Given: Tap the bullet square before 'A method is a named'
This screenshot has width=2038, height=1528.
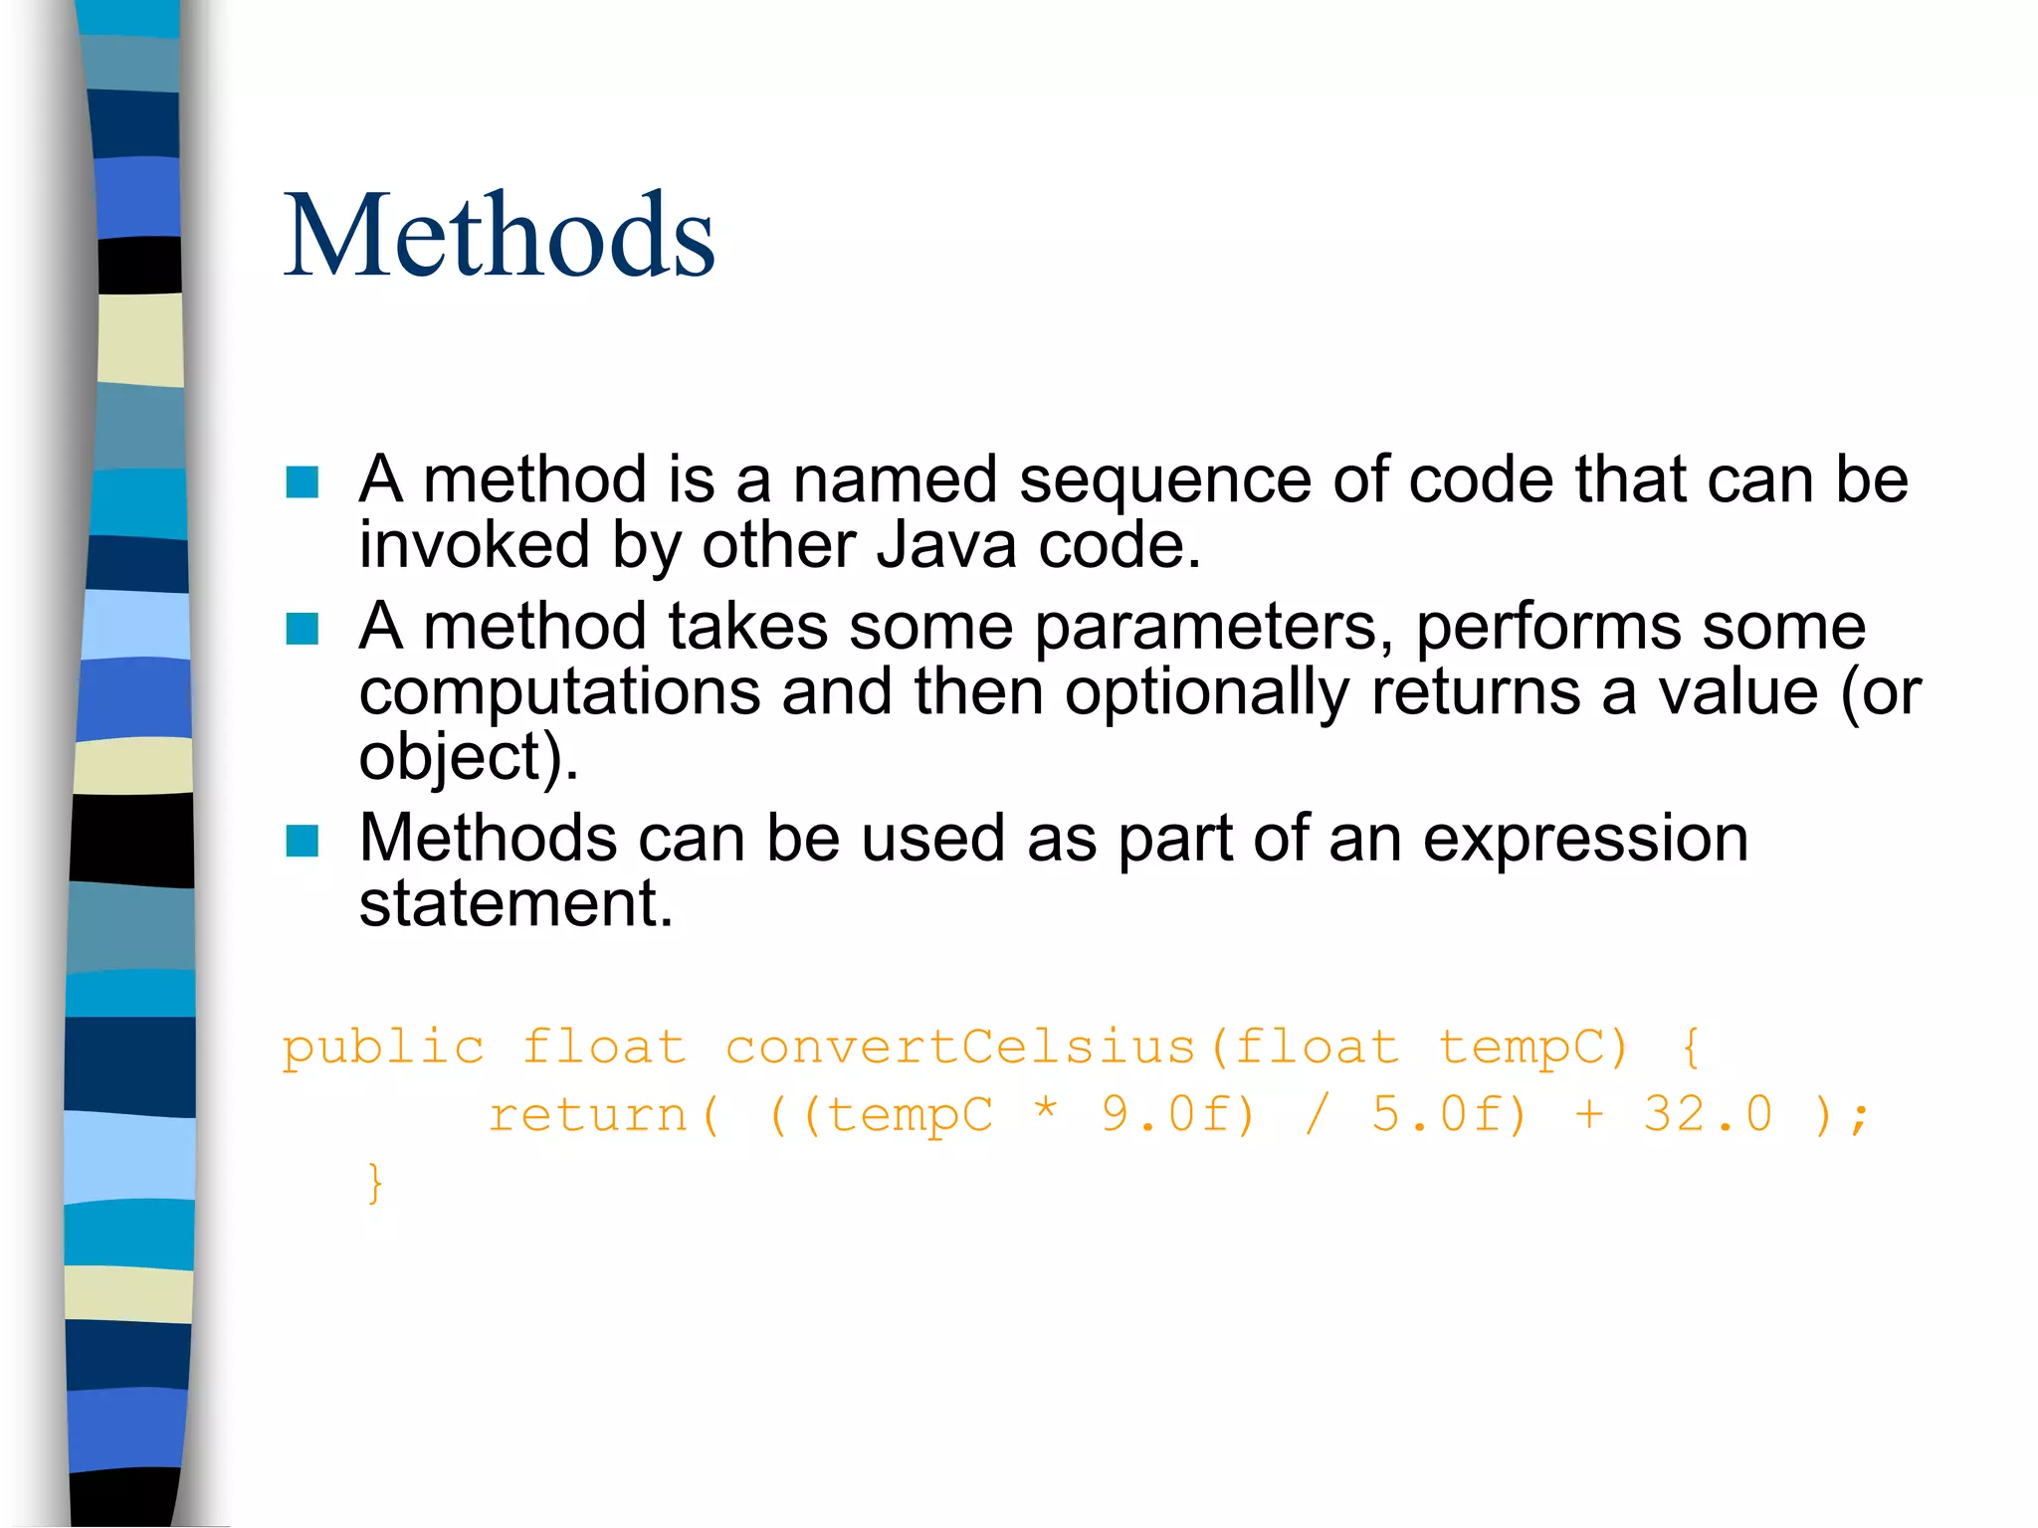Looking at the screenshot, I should tap(302, 482).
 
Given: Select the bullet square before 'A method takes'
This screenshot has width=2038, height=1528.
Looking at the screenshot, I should tap(302, 629).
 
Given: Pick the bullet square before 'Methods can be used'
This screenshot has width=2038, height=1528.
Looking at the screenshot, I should tap(302, 841).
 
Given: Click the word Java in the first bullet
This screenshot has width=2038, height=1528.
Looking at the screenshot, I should tap(946, 546).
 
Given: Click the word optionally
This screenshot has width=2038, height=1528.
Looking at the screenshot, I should tap(1206, 692).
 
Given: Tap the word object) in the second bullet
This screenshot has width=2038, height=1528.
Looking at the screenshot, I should tap(468, 758).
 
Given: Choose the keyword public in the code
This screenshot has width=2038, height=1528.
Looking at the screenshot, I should tap(383, 1049).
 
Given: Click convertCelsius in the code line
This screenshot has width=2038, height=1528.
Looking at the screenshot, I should tap(959, 1047).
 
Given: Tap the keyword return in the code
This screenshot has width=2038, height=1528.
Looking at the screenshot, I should tap(588, 1114).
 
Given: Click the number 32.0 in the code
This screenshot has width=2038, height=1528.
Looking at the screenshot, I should tap(1708, 1114).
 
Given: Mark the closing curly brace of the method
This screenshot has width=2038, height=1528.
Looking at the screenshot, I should tap(374, 1183).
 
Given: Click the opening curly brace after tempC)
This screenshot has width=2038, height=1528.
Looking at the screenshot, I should tap(1691, 1048).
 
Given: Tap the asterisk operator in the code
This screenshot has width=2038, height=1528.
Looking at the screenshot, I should tap(1045, 1109).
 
